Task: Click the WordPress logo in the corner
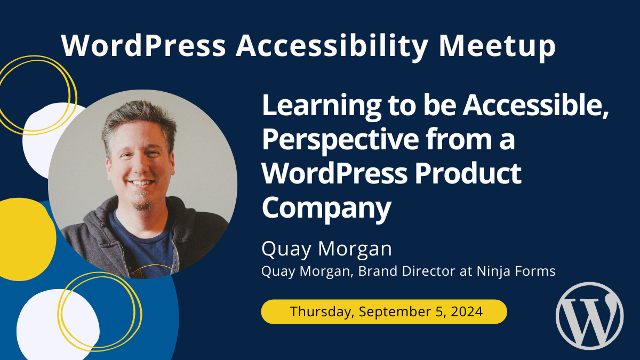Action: [x=589, y=316]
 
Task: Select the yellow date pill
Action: [x=383, y=311]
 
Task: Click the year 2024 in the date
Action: [x=467, y=311]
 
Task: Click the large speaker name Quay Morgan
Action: [x=326, y=249]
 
